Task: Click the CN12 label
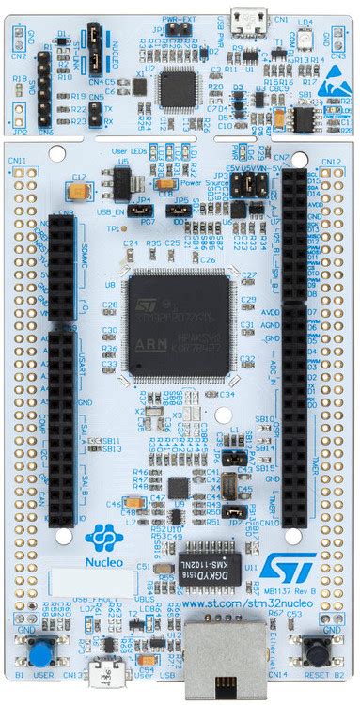pos(330,162)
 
